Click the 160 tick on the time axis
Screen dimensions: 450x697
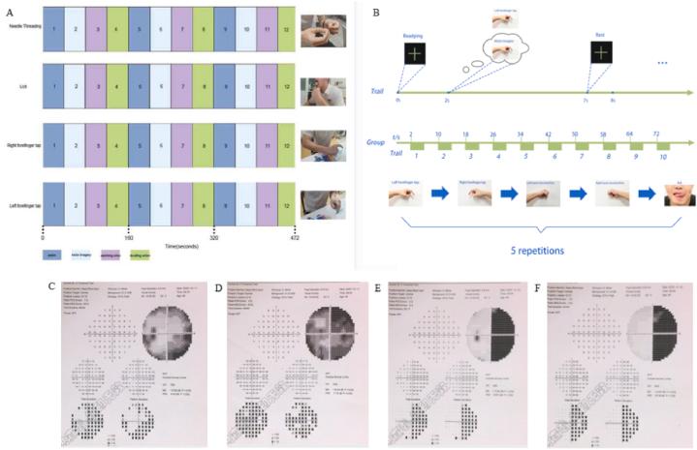click(x=129, y=236)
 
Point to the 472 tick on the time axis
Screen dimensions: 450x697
click(x=296, y=236)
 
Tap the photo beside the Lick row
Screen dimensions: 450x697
click(x=320, y=93)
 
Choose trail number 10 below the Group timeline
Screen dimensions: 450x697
click(x=664, y=155)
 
